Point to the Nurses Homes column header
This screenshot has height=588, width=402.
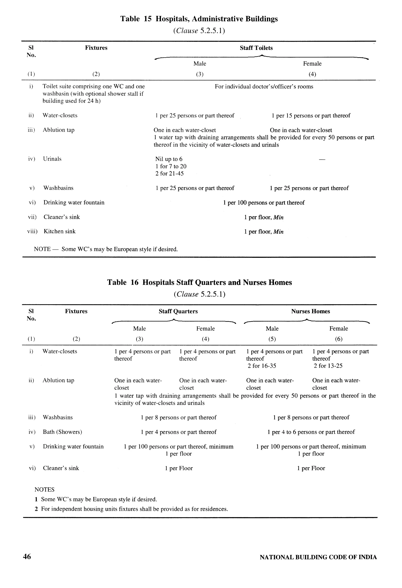[311, 311]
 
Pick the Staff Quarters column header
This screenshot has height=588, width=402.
[178, 311]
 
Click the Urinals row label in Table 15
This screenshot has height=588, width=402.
[52, 159]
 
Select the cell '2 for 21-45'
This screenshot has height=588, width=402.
[169, 174]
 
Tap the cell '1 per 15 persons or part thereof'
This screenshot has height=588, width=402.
[311, 116]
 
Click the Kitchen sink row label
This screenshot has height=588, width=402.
[59, 232]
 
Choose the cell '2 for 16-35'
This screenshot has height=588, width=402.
[262, 366]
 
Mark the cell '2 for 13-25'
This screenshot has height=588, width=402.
[328, 366]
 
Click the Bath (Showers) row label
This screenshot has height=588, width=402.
[62, 432]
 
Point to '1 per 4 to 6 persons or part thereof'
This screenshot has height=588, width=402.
[311, 432]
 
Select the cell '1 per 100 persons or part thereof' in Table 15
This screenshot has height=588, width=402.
[264, 203]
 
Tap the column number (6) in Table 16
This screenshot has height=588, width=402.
[339, 339]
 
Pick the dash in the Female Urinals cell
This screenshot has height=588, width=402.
[322, 159]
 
